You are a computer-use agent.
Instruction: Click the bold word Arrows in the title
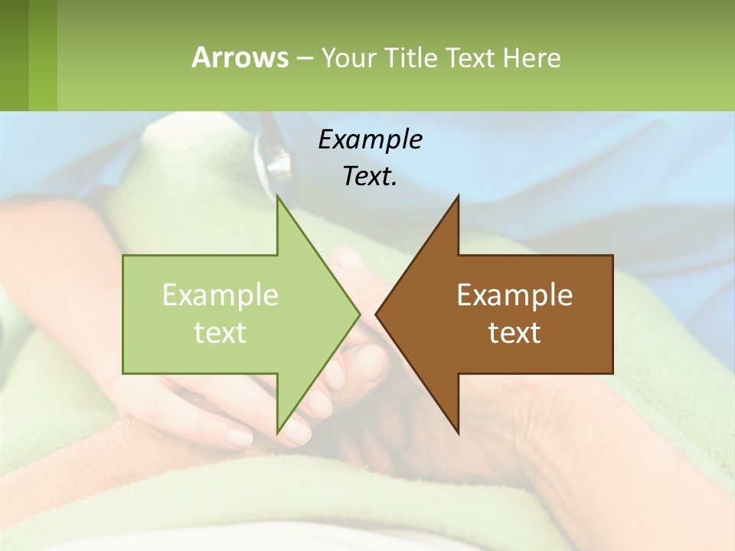[x=239, y=57]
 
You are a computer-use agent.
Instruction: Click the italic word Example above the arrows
[x=370, y=139]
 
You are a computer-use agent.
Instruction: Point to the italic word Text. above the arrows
[x=370, y=176]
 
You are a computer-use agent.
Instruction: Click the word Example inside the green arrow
[x=220, y=295]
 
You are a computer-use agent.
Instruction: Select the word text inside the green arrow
[x=220, y=333]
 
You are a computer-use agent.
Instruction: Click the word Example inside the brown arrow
[x=514, y=295]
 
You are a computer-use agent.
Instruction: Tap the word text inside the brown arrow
[x=514, y=333]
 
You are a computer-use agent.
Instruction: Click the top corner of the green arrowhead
[x=278, y=197]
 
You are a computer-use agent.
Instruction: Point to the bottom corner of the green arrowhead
[x=278, y=432]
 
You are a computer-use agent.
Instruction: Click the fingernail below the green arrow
[x=240, y=438]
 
